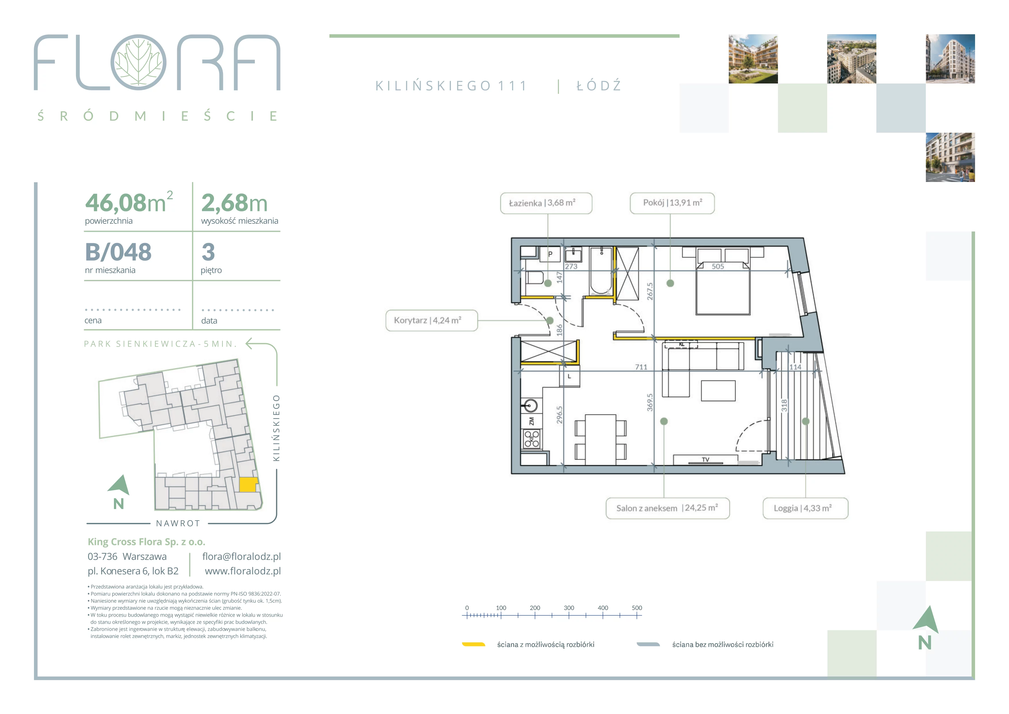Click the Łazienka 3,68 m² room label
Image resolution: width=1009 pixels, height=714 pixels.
coord(546,203)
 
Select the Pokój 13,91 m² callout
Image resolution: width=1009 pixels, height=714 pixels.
coord(672,203)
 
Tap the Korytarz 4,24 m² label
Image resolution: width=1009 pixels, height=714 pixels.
coord(431,320)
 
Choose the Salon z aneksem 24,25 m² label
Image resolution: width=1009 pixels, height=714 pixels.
coord(667,508)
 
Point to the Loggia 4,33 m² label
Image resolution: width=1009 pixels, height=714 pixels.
coord(805,508)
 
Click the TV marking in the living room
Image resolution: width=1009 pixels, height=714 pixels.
coord(705,460)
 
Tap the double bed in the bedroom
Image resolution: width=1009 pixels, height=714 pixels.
coord(723,282)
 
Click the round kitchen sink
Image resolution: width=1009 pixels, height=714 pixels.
coord(531,405)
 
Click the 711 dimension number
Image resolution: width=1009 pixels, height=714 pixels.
coord(641,367)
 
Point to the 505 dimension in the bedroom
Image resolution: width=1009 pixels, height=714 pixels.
coord(718,266)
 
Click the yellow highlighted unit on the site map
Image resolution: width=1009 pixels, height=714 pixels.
coord(248,485)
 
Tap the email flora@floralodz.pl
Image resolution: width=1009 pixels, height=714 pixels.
coord(241,557)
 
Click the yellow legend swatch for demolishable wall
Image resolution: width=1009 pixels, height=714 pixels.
coord(473,645)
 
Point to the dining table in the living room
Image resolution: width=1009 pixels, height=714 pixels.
coord(600,440)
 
